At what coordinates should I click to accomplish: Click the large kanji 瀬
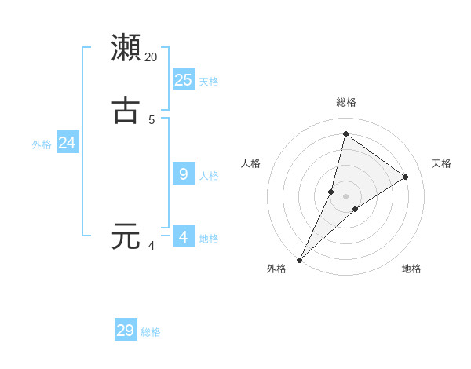[x=126, y=47]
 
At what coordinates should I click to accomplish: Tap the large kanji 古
[x=126, y=110]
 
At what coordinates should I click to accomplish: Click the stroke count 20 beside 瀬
[x=152, y=57]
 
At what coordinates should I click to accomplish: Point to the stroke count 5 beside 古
[x=152, y=120]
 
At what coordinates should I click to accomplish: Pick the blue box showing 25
[x=184, y=79]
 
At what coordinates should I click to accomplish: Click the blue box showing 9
[x=184, y=174]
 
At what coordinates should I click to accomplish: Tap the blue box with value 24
[x=68, y=143]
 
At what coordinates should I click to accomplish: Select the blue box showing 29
[x=126, y=331]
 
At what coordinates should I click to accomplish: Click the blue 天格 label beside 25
[x=209, y=82]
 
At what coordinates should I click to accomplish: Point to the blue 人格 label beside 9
[x=209, y=176]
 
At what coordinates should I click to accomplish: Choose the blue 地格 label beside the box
[x=209, y=239]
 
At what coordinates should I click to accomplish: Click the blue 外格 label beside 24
[x=42, y=144]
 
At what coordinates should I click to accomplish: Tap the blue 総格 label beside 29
[x=151, y=333]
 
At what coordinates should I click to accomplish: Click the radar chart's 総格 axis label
[x=346, y=102]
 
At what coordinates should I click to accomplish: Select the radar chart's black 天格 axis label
[x=442, y=163]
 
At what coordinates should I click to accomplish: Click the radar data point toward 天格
[x=406, y=177]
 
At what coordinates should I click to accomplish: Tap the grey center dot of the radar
[x=346, y=196]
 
